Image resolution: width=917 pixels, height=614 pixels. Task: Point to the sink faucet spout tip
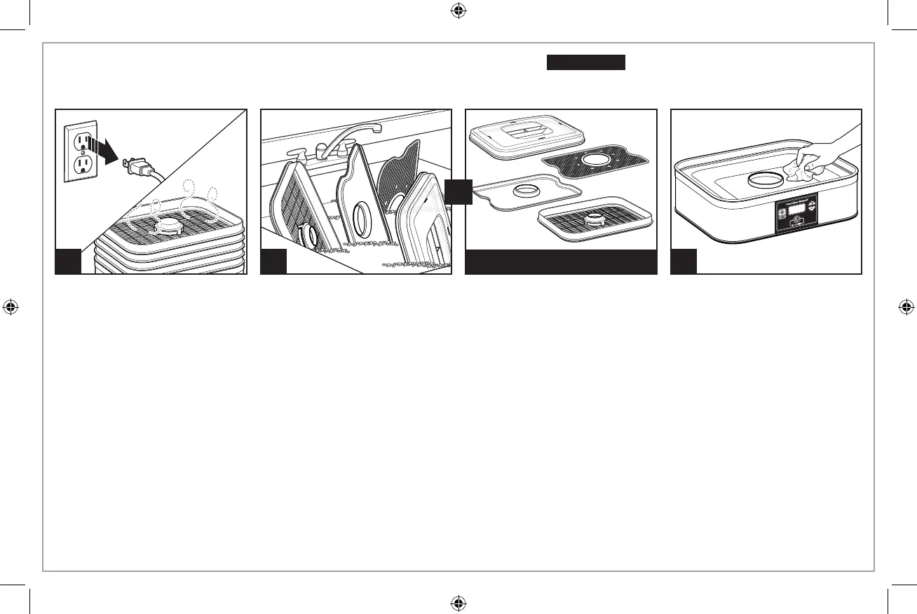click(x=376, y=128)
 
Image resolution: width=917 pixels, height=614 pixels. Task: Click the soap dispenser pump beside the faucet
click(x=293, y=154)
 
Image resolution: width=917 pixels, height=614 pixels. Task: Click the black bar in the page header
click(x=585, y=62)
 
